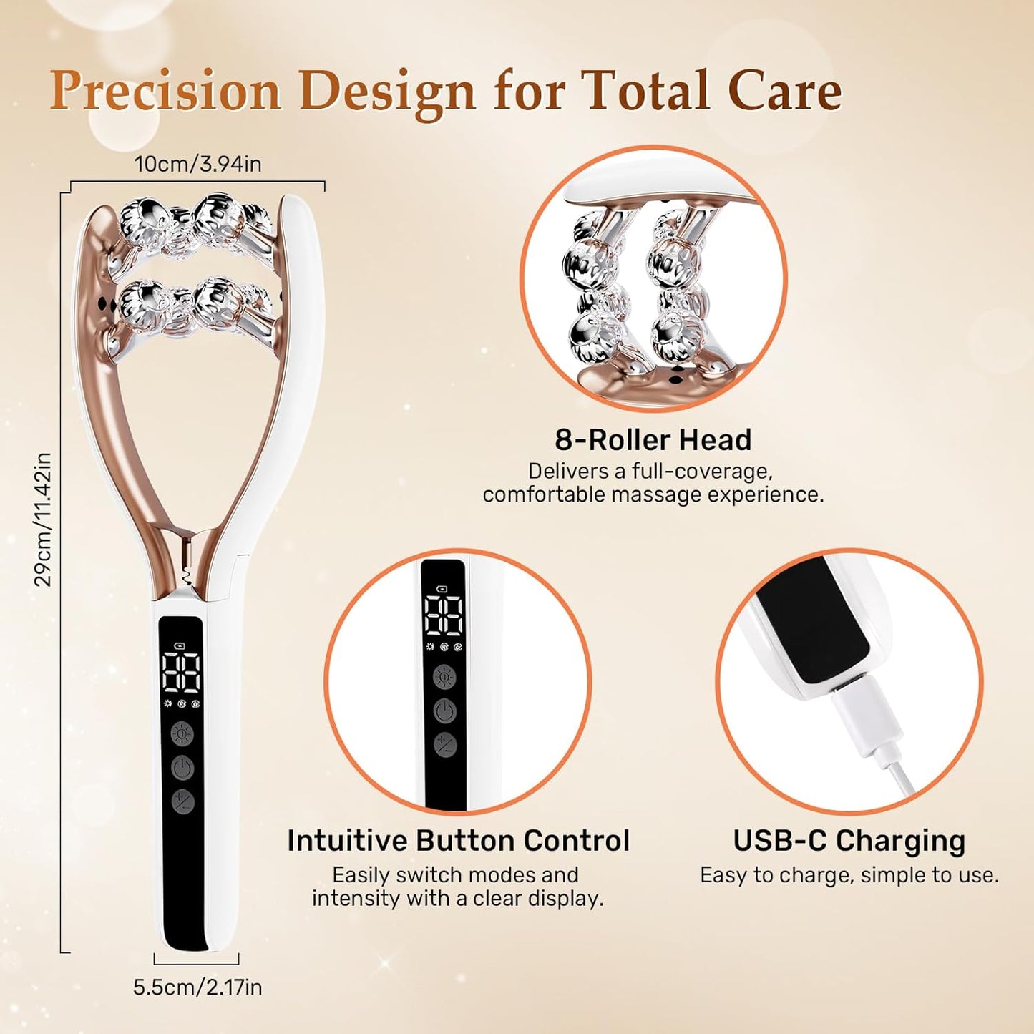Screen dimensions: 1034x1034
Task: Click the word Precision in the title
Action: (x=165, y=92)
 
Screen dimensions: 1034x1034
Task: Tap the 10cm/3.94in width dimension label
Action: (x=198, y=164)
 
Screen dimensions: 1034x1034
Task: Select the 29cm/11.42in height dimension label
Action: (x=43, y=520)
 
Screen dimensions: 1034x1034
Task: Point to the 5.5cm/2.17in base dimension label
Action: (x=197, y=987)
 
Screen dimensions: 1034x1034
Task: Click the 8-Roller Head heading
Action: (x=653, y=440)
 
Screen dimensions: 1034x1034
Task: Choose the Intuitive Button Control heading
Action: (x=458, y=841)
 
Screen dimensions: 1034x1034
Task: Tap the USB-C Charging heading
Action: (x=849, y=841)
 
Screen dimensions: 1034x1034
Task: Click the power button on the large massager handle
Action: (x=182, y=769)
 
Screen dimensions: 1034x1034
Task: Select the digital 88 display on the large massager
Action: (x=181, y=672)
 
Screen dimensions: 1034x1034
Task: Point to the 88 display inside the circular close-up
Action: (x=443, y=615)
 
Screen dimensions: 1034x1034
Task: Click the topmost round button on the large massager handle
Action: (x=182, y=734)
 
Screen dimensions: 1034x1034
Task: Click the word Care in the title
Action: (x=784, y=92)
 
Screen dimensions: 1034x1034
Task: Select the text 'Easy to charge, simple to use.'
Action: (x=849, y=875)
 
